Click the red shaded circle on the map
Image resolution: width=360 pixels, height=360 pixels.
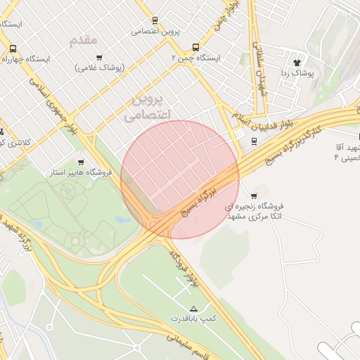pyautogui.click(x=180, y=179)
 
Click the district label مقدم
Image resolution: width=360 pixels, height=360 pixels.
pyautogui.click(x=84, y=39)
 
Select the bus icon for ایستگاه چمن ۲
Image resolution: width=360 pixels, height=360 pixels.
pyautogui.click(x=195, y=47)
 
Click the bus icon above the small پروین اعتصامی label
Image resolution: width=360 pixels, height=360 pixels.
pyautogui.click(x=155, y=20)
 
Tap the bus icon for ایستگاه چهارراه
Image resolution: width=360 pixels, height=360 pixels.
pyautogui.click(x=13, y=49)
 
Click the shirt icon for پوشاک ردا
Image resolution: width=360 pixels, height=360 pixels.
pyautogui.click(x=306, y=62)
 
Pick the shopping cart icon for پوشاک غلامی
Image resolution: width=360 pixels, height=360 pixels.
pyautogui.click(x=99, y=58)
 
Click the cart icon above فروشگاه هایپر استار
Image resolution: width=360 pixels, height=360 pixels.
pyautogui.click(x=81, y=162)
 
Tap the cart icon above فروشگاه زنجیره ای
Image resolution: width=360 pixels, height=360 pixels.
pyautogui.click(x=254, y=195)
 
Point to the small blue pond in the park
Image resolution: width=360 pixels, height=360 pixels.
pyautogui.click(x=124, y=219)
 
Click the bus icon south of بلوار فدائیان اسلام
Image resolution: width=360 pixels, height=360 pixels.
pyautogui.click(x=253, y=141)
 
